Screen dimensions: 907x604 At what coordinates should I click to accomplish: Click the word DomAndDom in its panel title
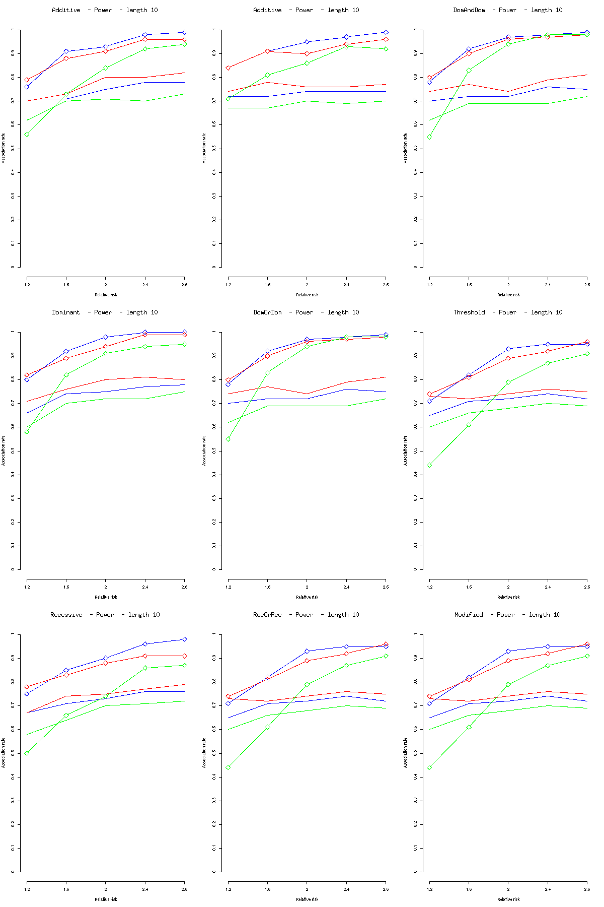coord(469,10)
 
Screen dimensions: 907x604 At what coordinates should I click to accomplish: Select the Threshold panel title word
coord(469,312)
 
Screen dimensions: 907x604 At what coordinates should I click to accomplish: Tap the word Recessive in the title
coord(66,615)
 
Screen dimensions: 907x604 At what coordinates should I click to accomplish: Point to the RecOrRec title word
coord(268,615)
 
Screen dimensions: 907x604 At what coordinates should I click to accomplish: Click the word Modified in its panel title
coord(469,615)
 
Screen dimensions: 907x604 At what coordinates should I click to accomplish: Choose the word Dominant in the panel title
coord(66,312)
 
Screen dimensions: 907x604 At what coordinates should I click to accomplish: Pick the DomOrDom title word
coord(268,312)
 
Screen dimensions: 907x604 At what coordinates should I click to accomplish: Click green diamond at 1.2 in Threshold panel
coord(429,465)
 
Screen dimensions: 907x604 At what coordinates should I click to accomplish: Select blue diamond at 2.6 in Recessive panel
coord(185,639)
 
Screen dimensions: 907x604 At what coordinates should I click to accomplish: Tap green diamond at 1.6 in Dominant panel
coord(66,375)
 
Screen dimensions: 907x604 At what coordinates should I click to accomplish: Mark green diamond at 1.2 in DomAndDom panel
coord(429,137)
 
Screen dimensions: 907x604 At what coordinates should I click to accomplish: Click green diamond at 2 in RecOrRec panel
coord(307,684)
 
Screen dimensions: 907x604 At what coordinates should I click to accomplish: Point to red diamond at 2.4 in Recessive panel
coord(145,656)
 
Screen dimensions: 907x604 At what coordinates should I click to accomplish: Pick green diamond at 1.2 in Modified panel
coord(429,767)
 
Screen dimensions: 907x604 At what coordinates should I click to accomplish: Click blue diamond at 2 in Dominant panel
coord(106,337)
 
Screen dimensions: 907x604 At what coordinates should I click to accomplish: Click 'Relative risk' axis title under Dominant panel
coord(106,597)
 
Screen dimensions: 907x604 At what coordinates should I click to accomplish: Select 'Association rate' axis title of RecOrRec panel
coord(204,753)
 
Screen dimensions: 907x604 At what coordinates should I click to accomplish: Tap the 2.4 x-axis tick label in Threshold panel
coord(548,587)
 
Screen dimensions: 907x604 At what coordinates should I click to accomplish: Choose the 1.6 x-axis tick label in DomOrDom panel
coord(268,587)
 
